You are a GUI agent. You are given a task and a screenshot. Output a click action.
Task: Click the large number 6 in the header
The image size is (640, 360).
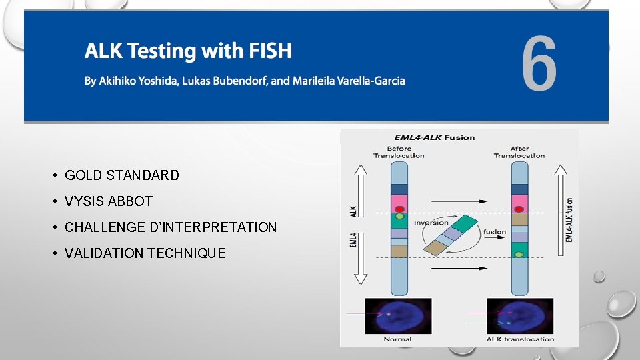pyautogui.click(x=539, y=65)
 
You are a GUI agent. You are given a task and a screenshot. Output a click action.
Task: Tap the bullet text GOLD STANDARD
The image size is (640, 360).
pyautogui.click(x=122, y=175)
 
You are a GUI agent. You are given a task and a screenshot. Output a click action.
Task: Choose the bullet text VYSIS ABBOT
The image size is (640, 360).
pyautogui.click(x=109, y=201)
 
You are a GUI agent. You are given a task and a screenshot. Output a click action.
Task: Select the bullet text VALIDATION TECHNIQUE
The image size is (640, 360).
pyautogui.click(x=145, y=253)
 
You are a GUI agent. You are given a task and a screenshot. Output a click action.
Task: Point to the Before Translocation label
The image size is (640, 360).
pyautogui.click(x=399, y=152)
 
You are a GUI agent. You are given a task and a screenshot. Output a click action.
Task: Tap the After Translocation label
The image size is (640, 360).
pyautogui.click(x=519, y=152)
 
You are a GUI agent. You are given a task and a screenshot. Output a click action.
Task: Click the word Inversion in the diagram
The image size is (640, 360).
pyautogui.click(x=431, y=223)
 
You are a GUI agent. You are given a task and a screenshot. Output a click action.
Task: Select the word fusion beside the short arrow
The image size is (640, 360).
pyautogui.click(x=495, y=232)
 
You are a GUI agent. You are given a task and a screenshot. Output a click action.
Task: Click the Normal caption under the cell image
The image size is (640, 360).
pyautogui.click(x=397, y=339)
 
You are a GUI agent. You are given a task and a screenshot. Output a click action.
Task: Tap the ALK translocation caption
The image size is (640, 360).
pyautogui.click(x=520, y=339)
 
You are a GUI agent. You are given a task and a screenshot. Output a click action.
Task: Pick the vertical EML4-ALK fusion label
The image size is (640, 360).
pyautogui.click(x=569, y=219)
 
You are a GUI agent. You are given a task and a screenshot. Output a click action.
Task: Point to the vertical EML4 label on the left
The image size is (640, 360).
pyautogui.click(x=353, y=239)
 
